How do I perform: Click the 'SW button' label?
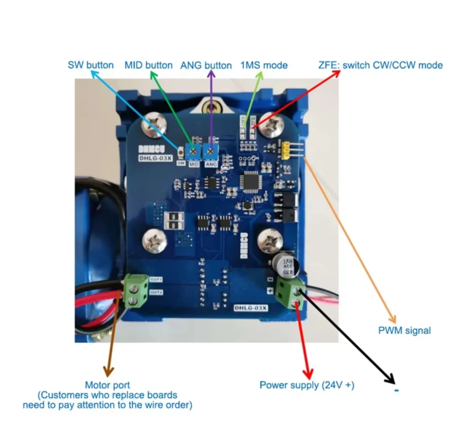91,65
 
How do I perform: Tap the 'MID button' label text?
148,65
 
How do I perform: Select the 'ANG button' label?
206,65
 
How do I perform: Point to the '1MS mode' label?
264,65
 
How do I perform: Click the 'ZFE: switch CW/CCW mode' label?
380,65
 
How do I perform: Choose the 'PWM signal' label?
404,330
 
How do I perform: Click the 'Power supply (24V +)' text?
307,385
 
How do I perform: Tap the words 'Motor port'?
107,385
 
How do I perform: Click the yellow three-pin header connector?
286,151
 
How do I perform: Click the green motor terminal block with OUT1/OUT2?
136,291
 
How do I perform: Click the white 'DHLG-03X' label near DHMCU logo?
155,158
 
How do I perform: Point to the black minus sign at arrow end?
396,390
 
